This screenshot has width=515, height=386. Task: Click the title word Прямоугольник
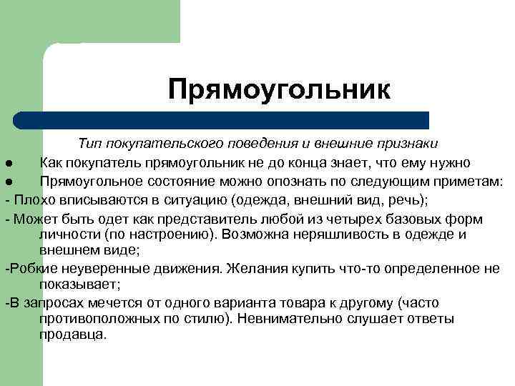pos(280,90)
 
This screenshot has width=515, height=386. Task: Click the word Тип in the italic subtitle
pos(90,144)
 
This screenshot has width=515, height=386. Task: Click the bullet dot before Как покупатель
pos(5,164)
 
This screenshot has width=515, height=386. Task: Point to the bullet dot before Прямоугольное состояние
pos(5,182)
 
